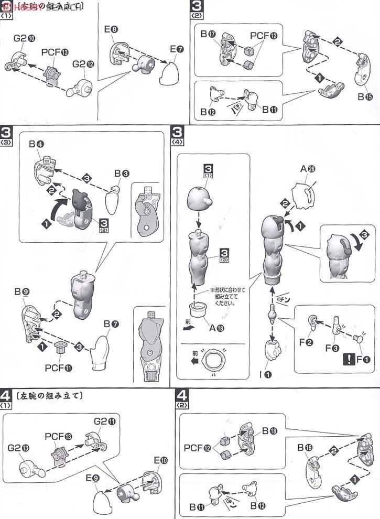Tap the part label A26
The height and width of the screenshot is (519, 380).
click(x=307, y=168)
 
